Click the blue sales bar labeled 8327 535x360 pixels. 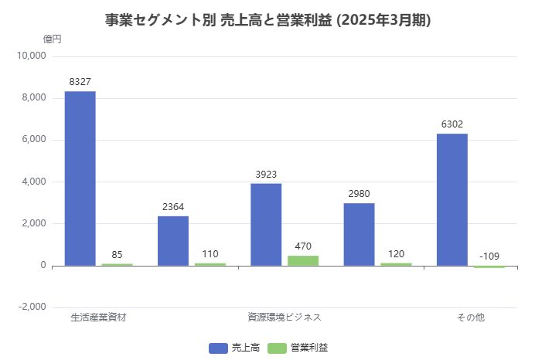pos(80,178)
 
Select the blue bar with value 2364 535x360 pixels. pos(173,241)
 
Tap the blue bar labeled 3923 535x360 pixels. pos(266,225)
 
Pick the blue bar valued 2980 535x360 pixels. pos(359,235)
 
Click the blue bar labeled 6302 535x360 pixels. pos(452,199)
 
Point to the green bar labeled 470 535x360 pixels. pos(303,260)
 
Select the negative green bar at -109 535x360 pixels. pos(489,267)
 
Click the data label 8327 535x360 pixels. pos(80,81)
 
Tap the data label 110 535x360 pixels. pos(210,253)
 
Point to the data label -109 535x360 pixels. pos(489,256)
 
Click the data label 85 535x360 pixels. pos(118,254)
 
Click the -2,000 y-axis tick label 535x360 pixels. pos(32,307)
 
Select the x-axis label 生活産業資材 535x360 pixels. pos(98,317)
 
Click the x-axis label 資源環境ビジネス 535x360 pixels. pos(285,317)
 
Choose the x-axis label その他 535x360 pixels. pos(470,317)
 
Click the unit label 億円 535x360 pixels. pos(52,39)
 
